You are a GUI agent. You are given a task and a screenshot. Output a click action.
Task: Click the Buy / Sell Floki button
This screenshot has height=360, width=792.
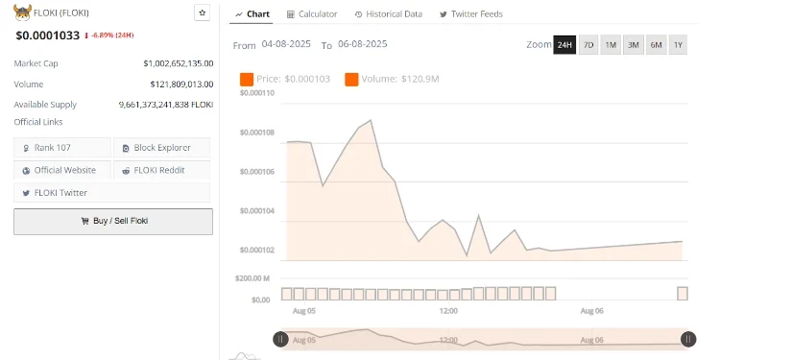tap(112, 221)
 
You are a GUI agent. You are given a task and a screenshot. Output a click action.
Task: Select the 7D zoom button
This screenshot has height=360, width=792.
tap(588, 45)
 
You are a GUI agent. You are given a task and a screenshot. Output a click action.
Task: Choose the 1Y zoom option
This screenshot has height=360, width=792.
tap(678, 45)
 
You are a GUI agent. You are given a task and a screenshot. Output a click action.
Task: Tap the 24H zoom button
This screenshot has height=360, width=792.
tap(564, 45)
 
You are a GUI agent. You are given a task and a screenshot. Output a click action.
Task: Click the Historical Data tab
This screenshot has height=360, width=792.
tap(388, 14)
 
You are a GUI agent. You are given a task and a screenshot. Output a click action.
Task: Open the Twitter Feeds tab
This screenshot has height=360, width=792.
tap(470, 14)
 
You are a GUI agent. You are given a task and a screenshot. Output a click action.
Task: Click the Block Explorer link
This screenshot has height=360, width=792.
tap(162, 148)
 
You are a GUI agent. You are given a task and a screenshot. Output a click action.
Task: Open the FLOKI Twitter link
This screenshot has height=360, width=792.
tap(60, 193)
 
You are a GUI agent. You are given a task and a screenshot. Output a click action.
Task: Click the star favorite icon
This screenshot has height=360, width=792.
tap(202, 12)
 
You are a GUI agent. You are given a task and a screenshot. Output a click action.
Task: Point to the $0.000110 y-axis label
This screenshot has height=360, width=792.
tap(255, 93)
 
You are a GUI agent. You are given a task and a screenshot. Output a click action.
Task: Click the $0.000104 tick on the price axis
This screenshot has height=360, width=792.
tap(255, 211)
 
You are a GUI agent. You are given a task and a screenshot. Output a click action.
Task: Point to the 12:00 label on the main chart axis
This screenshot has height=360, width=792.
tap(447, 312)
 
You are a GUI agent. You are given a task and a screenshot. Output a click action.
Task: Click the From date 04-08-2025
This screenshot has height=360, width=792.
tap(286, 45)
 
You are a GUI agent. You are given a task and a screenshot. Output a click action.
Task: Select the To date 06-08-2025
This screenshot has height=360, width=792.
tap(362, 45)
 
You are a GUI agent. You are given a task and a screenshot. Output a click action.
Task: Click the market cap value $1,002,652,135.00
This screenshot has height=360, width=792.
tap(178, 63)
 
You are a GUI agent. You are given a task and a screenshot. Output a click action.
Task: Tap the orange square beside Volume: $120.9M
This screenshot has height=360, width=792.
tap(350, 79)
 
